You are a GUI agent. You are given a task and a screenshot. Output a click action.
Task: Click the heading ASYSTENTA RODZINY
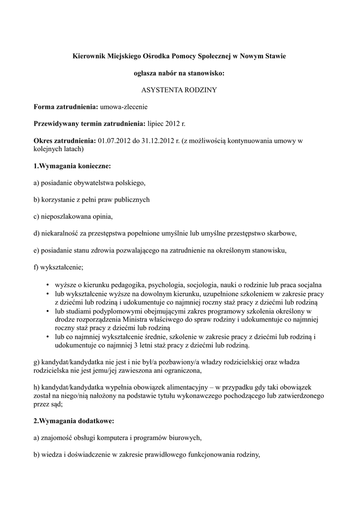[x=180, y=90]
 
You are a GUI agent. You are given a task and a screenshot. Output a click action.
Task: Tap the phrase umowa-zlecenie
[x=124, y=106]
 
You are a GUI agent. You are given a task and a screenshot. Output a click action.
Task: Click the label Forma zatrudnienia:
[x=66, y=106]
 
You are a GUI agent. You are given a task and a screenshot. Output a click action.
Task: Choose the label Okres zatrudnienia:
[x=65, y=141]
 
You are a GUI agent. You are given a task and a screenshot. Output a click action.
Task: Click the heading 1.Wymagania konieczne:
[x=72, y=166]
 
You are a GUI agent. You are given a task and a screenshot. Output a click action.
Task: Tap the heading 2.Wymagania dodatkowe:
[x=74, y=421]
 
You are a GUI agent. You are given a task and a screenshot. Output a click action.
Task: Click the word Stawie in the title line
[x=274, y=56]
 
